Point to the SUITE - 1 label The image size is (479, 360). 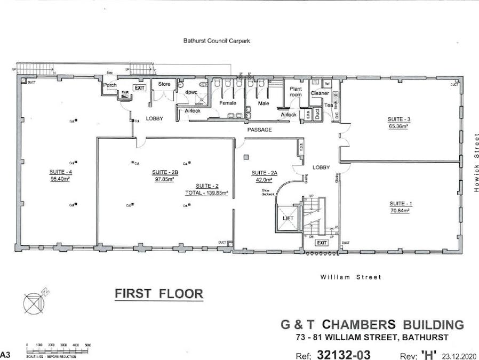[399, 204]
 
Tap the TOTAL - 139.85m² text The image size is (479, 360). [206, 193]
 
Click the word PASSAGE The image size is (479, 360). [260, 130]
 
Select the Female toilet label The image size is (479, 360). [228, 103]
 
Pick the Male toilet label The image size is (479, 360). [264, 103]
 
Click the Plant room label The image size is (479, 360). [296, 91]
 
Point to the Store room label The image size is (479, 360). [164, 84]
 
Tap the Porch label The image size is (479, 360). [110, 85]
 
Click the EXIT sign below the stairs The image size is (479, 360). [321, 242]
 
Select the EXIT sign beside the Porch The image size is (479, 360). [139, 87]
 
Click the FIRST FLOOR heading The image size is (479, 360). [159, 293]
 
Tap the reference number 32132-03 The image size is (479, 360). [344, 354]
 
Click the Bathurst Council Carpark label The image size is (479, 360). [217, 40]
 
